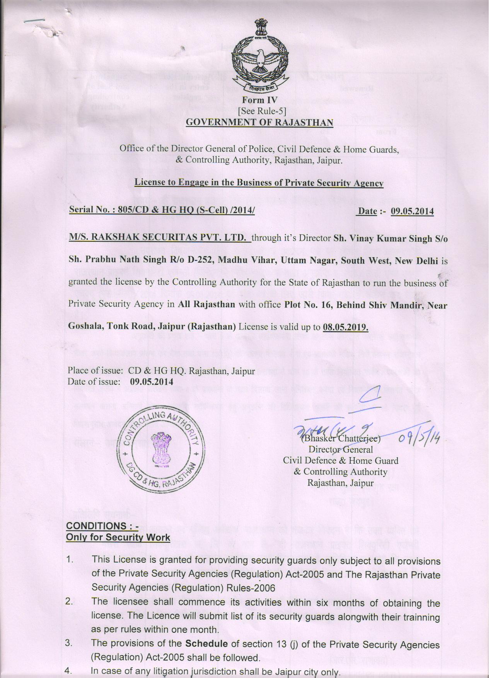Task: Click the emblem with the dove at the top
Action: (x=259, y=56)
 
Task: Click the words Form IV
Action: (x=259, y=101)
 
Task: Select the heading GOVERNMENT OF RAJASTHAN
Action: (x=259, y=123)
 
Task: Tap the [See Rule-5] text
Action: (x=262, y=111)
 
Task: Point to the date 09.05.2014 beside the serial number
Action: (x=412, y=211)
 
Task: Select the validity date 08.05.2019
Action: (x=345, y=326)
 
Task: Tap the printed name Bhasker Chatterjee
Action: (x=341, y=439)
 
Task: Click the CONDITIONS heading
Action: (x=102, y=526)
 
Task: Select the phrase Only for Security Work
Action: (x=118, y=537)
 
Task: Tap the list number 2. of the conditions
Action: (x=70, y=601)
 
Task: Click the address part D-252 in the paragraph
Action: (x=201, y=260)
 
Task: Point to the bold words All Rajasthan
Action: (x=206, y=304)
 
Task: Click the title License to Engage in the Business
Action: (x=259, y=183)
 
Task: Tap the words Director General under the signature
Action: (x=340, y=449)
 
